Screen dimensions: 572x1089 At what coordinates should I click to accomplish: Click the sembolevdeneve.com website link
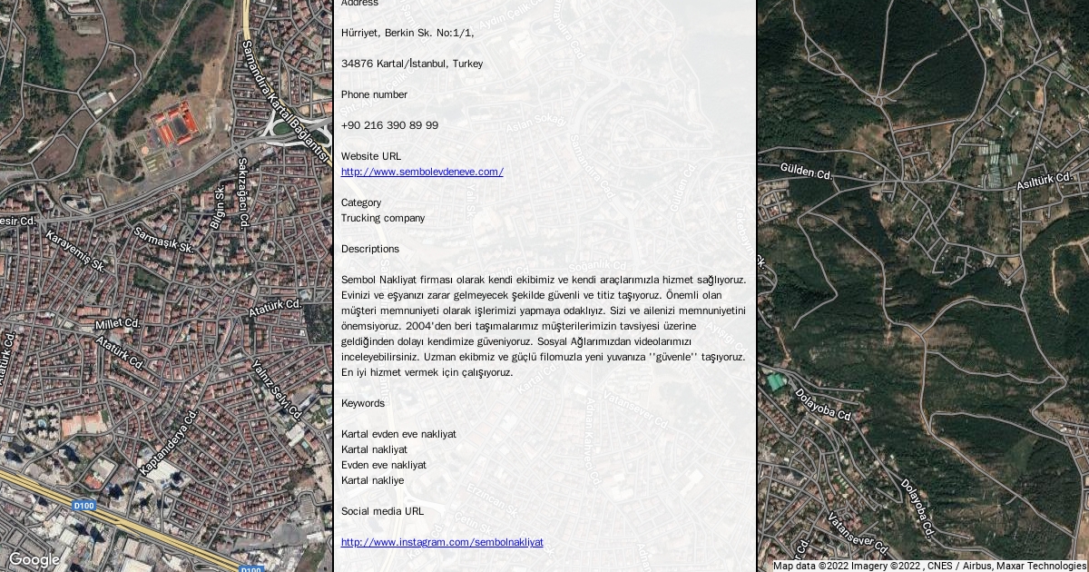422,172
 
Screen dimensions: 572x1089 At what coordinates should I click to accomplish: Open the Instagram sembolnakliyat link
442,542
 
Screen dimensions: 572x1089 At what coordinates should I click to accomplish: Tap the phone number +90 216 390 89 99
389,125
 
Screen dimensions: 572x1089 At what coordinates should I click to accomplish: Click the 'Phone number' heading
374,94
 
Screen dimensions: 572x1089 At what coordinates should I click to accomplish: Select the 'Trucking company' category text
382,218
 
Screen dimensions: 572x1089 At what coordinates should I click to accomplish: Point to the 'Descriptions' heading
369,249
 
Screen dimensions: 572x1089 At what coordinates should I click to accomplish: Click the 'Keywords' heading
363,403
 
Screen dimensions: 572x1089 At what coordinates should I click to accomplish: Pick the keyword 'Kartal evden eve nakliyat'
398,434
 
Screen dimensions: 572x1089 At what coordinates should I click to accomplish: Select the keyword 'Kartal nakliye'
372,480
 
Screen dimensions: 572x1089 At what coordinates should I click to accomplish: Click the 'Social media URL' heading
382,511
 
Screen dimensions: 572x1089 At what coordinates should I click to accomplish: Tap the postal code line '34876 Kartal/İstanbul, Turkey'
412,64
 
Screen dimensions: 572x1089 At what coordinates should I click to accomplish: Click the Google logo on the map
34,559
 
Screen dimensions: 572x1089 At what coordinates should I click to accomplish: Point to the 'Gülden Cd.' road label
806,172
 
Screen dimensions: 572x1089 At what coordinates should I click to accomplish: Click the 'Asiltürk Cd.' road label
1045,180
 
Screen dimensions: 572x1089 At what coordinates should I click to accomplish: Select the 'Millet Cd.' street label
117,323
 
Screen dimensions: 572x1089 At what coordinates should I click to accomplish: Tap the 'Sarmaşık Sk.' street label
163,240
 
